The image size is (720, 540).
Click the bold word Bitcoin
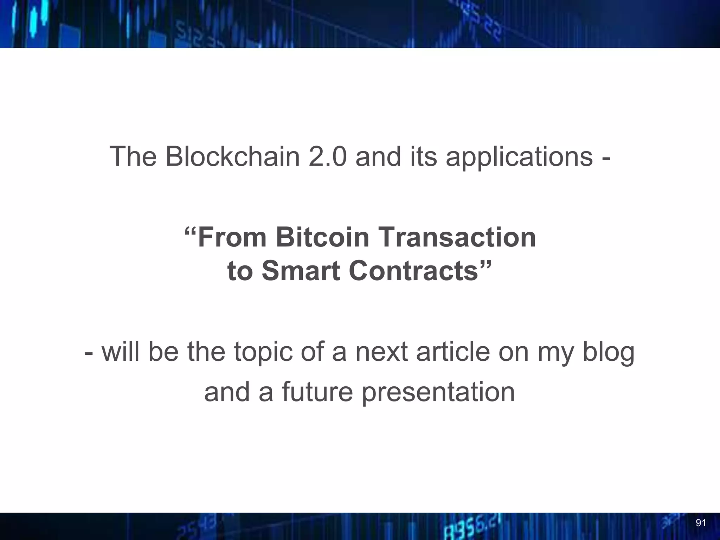322,237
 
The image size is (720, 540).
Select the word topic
263,353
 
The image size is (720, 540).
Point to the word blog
609,353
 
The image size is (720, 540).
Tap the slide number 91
701,523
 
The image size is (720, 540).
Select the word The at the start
133,156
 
